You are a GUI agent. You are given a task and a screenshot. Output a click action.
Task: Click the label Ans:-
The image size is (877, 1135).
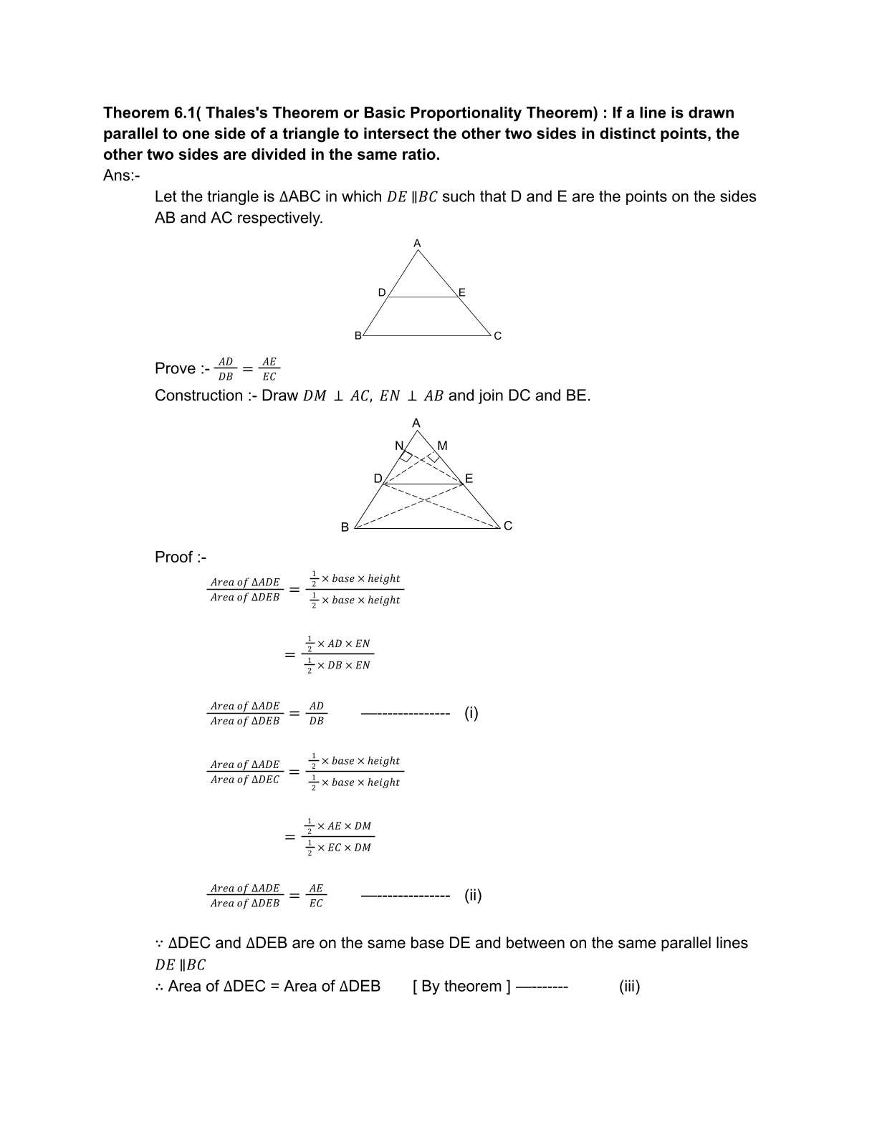click(x=122, y=176)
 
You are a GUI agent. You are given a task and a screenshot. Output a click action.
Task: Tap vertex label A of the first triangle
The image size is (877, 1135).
click(x=418, y=244)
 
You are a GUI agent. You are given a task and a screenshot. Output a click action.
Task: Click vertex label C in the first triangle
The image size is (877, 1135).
click(x=498, y=336)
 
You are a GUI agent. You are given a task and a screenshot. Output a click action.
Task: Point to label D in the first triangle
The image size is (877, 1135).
click(x=382, y=292)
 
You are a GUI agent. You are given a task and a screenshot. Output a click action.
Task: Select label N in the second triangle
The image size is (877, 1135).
click(x=399, y=446)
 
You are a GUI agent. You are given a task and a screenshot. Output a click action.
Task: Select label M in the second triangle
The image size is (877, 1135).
click(x=442, y=446)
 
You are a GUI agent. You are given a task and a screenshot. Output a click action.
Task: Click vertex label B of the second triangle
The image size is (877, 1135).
click(x=345, y=527)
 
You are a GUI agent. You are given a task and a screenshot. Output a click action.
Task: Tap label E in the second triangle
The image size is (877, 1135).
click(x=469, y=479)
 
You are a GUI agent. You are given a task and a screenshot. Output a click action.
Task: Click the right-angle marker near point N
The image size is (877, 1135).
click(x=406, y=456)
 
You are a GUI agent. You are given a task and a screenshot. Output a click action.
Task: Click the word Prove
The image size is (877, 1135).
click(x=175, y=369)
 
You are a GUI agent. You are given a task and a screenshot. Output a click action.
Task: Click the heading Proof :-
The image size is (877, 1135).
click(x=181, y=557)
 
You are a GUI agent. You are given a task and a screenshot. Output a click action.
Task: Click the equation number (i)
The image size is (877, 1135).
click(x=471, y=713)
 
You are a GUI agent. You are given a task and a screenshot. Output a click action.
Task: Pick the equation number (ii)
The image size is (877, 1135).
click(x=473, y=895)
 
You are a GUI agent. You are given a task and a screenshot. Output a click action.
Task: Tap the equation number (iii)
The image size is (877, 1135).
click(x=629, y=987)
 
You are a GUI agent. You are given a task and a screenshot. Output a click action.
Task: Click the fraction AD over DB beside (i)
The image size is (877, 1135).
click(x=316, y=714)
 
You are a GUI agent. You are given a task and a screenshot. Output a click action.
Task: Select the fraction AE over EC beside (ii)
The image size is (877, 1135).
click(x=316, y=896)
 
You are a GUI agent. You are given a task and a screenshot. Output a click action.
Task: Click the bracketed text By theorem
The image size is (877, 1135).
click(x=461, y=987)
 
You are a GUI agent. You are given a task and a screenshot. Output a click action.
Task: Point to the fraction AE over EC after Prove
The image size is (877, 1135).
click(x=269, y=369)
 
